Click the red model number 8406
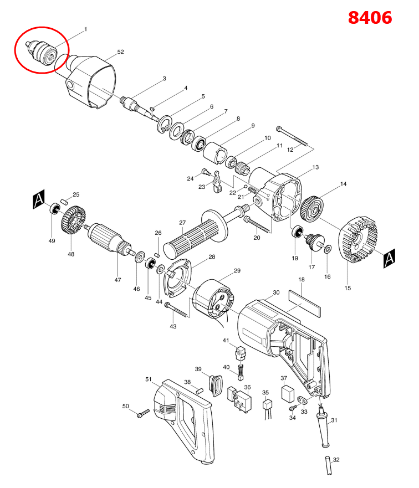point(370,17)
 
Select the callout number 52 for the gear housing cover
point(120,52)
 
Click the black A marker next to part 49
point(38,199)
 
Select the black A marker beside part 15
point(389,256)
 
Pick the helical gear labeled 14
point(313,208)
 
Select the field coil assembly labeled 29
point(213,300)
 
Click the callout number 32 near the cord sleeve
point(336,460)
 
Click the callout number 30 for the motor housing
point(276,292)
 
